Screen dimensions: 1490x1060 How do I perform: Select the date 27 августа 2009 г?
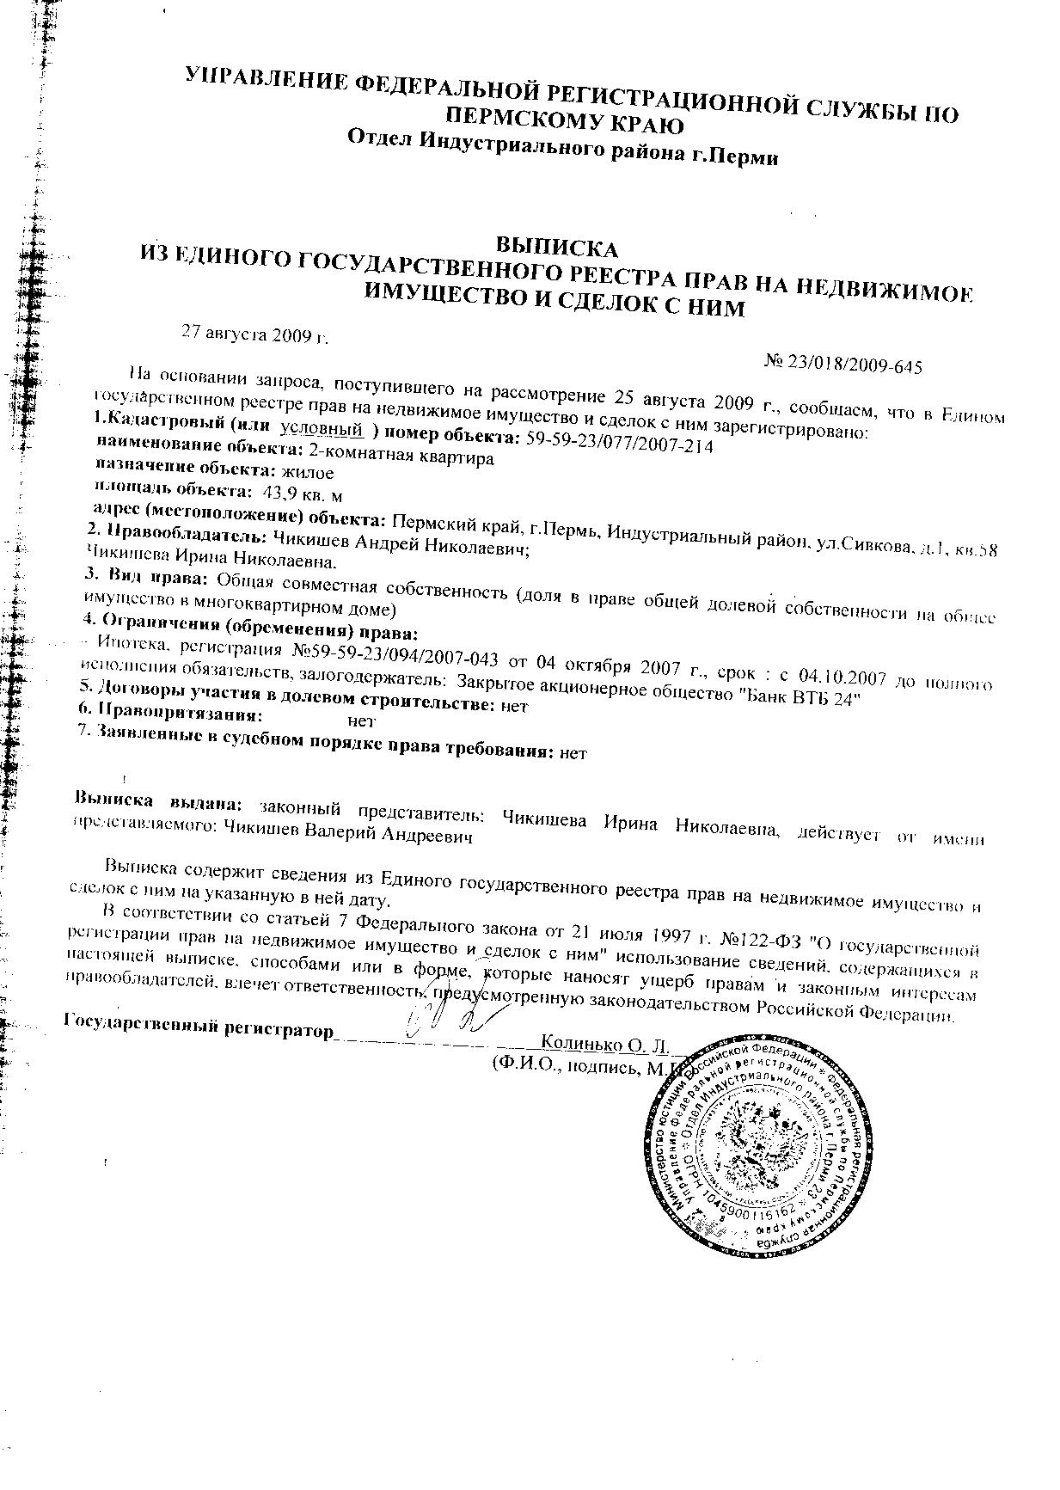254,333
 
